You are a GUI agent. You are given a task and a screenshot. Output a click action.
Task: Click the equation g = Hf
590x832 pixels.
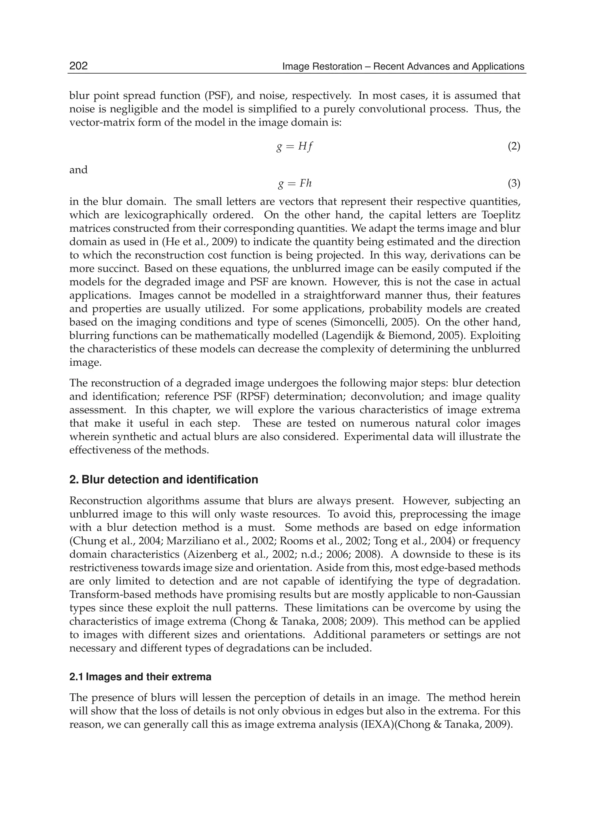[x=294, y=147]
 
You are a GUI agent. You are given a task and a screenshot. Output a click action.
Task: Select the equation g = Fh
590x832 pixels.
[x=294, y=184]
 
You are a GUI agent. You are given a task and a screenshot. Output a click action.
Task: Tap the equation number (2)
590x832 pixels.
[x=514, y=147]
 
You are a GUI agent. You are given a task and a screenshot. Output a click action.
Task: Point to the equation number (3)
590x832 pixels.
[x=514, y=184]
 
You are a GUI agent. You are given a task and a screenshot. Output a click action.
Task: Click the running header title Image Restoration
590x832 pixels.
[x=403, y=66]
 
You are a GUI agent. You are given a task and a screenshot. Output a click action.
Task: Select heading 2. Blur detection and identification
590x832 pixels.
[x=163, y=480]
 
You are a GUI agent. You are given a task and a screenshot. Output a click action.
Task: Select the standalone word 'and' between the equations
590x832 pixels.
[x=78, y=170]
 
